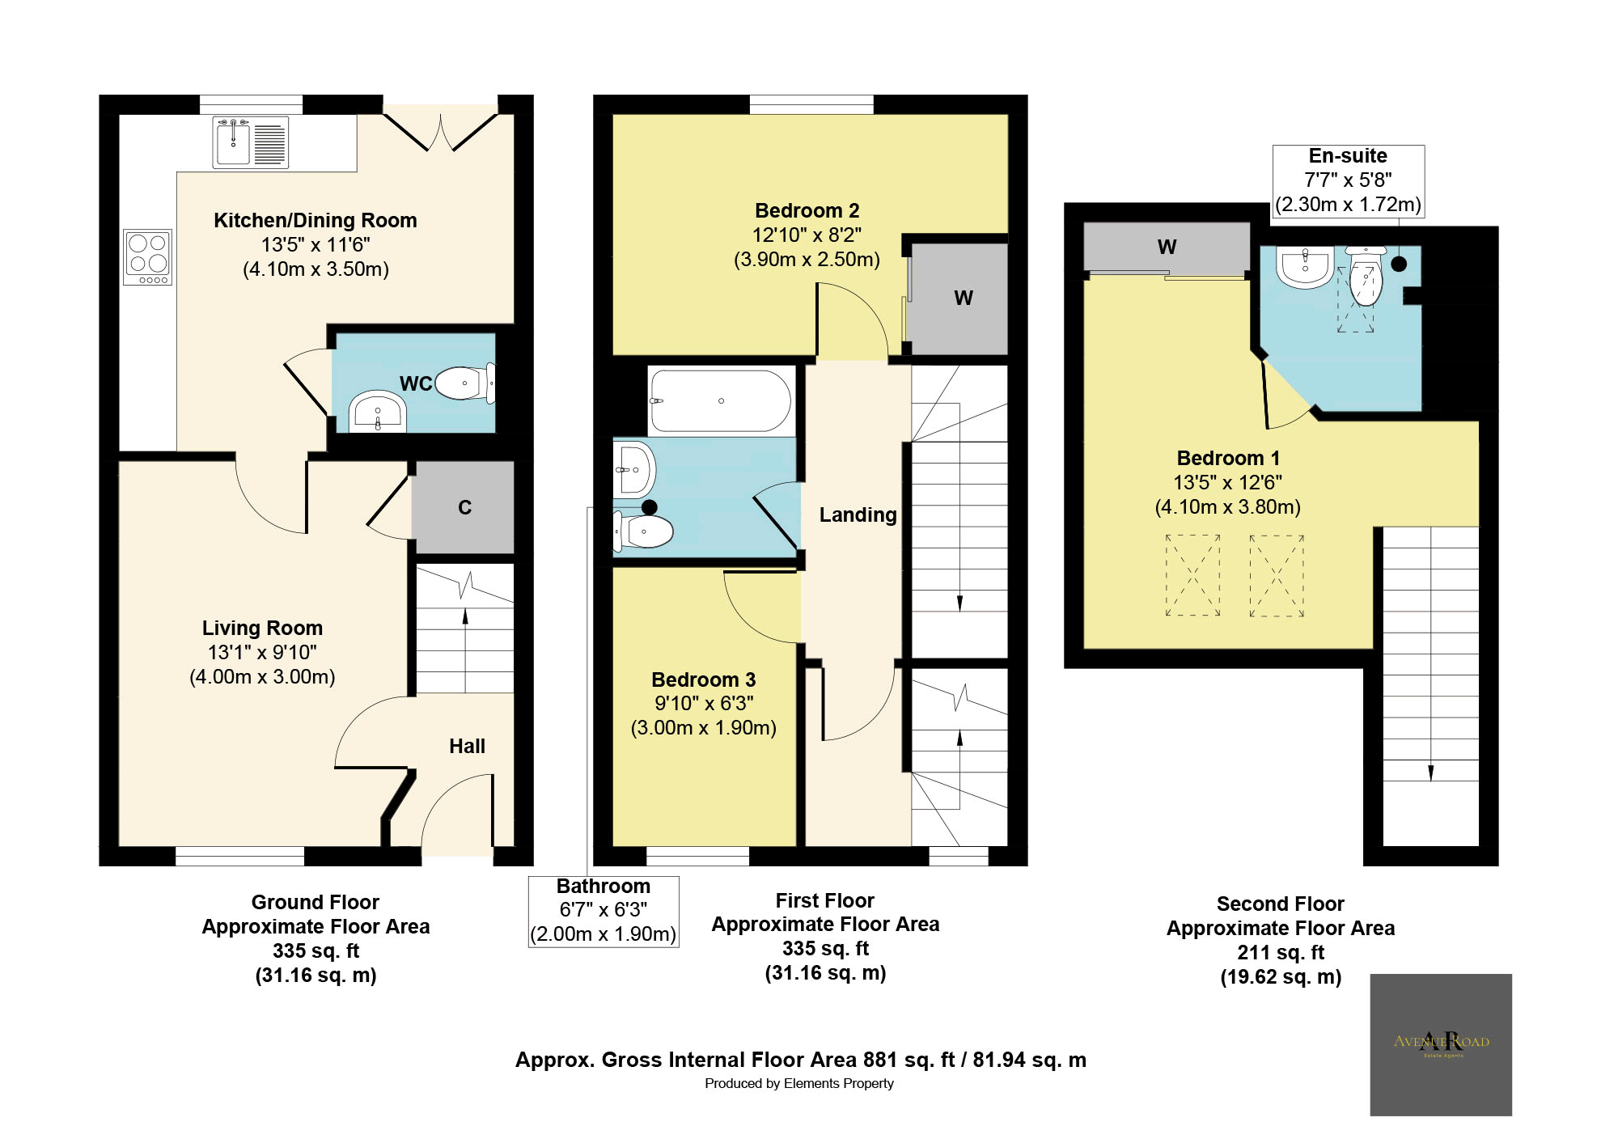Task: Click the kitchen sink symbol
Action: tap(251, 142)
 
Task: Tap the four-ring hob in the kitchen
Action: tap(147, 257)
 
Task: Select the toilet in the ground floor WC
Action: tap(464, 383)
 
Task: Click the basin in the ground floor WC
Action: tap(377, 412)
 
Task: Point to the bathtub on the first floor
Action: tap(720, 401)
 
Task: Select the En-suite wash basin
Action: tap(1304, 267)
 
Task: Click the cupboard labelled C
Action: tap(464, 507)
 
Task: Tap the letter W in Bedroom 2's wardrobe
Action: tap(963, 298)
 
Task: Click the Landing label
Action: tap(858, 514)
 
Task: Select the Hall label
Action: tap(467, 746)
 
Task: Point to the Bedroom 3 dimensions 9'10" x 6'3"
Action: tap(704, 703)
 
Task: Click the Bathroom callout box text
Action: tap(604, 910)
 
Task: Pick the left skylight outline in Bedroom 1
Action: tap(1192, 575)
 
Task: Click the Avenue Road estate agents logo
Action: tap(1440, 1044)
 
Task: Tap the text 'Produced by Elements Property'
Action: tap(798, 1083)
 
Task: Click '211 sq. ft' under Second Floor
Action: tap(1280, 952)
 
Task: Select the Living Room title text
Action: tap(262, 628)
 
